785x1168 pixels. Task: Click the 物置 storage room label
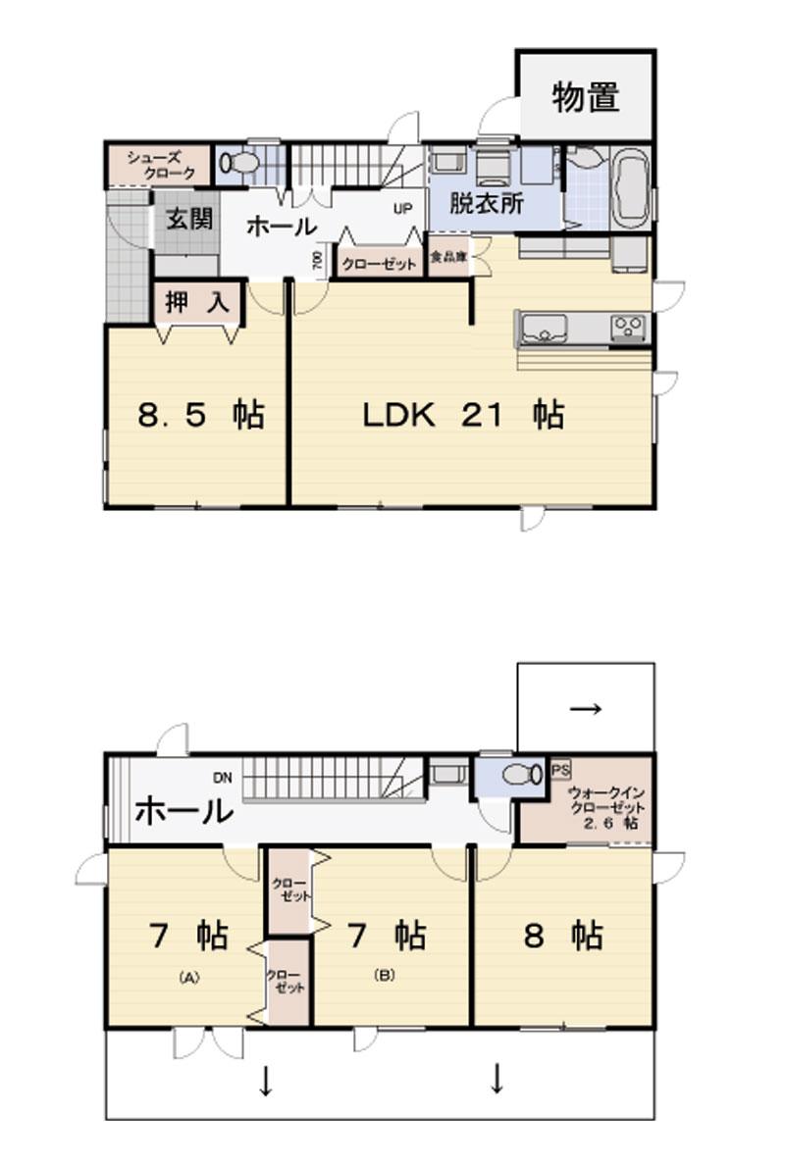point(585,98)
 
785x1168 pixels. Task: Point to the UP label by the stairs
point(402,209)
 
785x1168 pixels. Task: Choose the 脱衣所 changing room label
point(487,205)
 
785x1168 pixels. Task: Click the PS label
point(560,769)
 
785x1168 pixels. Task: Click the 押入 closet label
point(197,303)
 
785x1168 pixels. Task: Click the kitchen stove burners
point(627,327)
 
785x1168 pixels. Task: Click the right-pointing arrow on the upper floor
point(586,708)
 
